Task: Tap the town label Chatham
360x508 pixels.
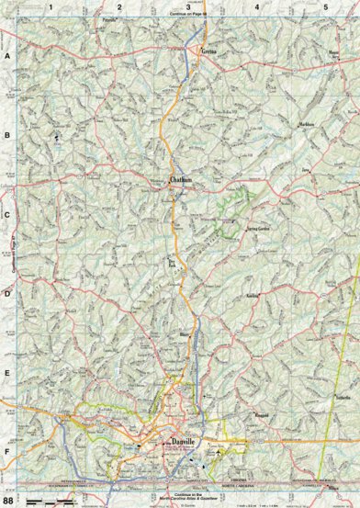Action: (181, 181)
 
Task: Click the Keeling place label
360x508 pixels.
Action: (253, 298)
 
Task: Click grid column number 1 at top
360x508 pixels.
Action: (52, 6)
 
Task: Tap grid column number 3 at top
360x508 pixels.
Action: (188, 6)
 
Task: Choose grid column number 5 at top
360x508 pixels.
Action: (325, 6)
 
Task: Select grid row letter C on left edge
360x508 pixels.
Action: (8, 217)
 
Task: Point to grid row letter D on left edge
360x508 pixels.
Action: (8, 296)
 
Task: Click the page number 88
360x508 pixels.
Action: (9, 500)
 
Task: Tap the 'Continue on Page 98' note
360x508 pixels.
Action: (189, 16)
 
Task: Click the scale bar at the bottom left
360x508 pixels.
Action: (55, 497)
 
